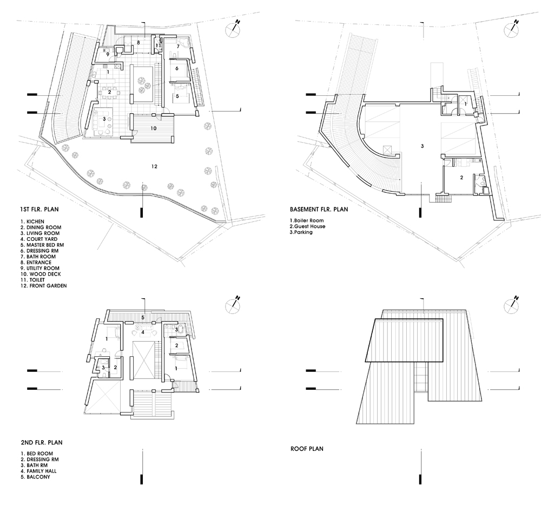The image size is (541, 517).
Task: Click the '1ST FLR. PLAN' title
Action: click(39, 210)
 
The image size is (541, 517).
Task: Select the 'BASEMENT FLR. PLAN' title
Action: click(319, 210)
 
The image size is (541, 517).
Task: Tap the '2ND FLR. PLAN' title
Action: click(42, 442)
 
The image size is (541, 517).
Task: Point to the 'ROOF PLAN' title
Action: click(307, 449)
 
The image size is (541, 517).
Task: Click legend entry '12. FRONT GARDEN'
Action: click(43, 286)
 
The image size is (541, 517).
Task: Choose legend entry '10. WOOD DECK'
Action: click(41, 274)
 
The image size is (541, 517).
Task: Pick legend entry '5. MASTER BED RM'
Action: click(42, 245)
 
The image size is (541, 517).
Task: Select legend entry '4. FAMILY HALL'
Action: click(38, 471)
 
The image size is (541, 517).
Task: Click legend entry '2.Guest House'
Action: click(307, 226)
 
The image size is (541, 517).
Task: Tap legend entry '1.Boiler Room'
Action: click(307, 220)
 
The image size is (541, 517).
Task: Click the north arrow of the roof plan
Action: click(512, 304)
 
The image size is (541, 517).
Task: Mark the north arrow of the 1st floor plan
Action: click(233, 28)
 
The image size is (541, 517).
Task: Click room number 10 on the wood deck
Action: click(154, 128)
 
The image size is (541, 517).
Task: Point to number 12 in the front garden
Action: click(154, 166)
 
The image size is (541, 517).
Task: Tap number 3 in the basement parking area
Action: click(423, 146)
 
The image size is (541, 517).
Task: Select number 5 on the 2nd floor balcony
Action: click(143, 317)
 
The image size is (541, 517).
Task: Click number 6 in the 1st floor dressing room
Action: click(177, 68)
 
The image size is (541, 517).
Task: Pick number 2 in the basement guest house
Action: click(461, 178)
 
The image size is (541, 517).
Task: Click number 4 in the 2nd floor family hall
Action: click(142, 332)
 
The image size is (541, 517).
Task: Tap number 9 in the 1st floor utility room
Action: click(108, 54)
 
